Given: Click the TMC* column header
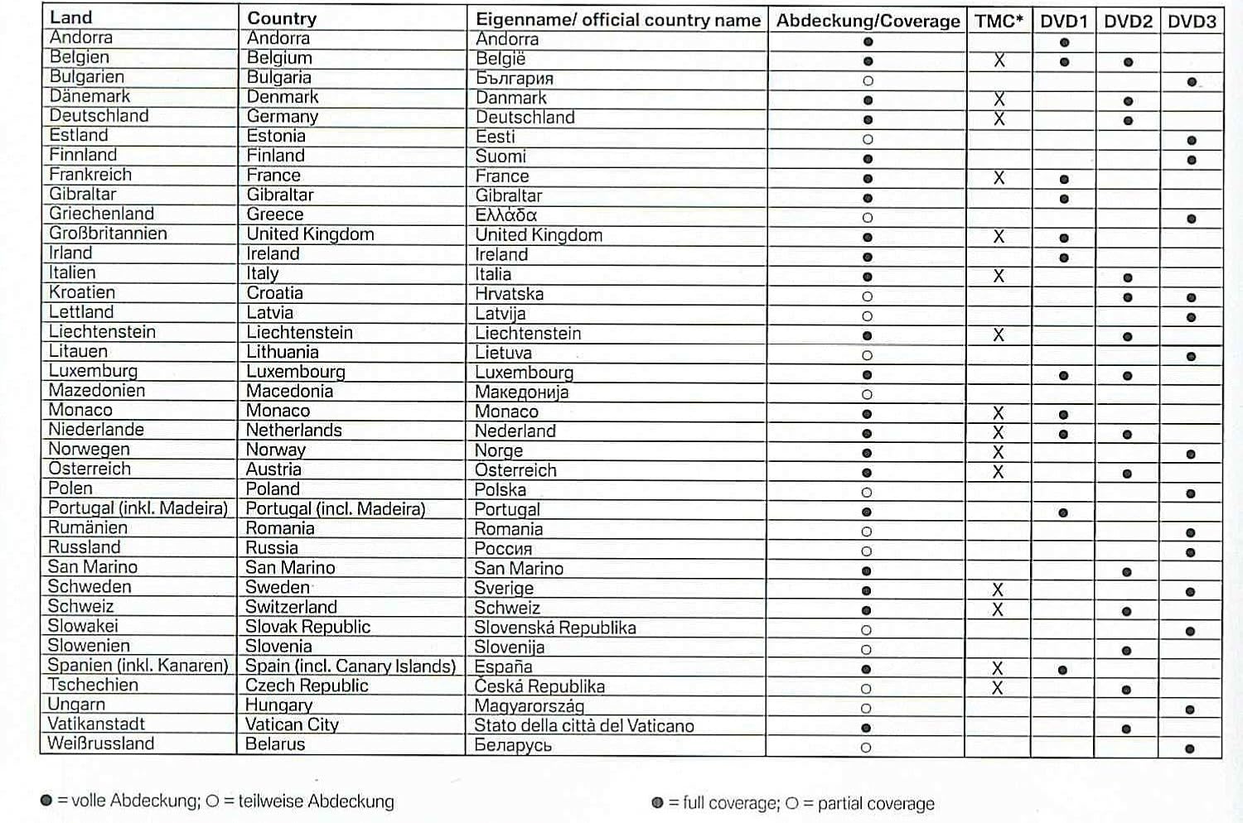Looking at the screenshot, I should (999, 21).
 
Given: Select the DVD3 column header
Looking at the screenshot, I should (1192, 21).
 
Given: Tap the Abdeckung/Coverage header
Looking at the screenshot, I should (868, 21).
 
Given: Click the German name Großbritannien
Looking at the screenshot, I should (108, 233).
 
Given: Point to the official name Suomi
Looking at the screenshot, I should (501, 156).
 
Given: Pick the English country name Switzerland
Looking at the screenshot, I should (291, 607).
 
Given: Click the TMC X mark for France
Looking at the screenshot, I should (999, 178).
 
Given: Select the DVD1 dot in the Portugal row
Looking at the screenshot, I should (1063, 513).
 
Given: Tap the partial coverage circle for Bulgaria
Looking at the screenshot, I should (868, 81).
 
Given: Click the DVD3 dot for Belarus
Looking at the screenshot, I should (1190, 748).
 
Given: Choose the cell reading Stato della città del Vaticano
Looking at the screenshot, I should (583, 726).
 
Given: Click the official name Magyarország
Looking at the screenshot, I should (529, 706).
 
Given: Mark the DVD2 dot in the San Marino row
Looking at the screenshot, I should (1126, 572).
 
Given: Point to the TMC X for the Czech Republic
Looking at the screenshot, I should (997, 688).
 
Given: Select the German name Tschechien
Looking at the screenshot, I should (93, 685).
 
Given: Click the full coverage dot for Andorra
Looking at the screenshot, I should (868, 41).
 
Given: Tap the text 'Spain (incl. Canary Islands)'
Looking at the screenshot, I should (351, 667).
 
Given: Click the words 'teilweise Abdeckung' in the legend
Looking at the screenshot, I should (316, 801).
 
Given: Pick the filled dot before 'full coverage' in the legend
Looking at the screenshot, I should (658, 802).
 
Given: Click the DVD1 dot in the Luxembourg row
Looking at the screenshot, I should (1063, 375).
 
